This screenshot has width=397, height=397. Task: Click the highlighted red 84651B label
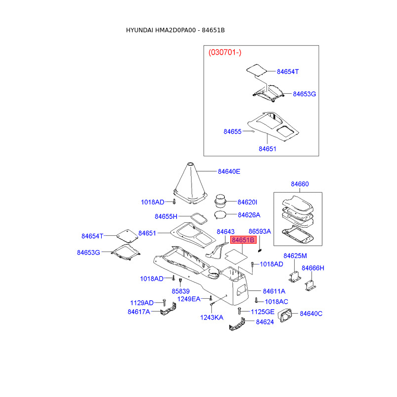(243, 240)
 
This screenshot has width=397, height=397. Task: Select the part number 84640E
(229, 172)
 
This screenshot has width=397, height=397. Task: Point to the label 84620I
(247, 202)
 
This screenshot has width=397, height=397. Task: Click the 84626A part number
(249, 215)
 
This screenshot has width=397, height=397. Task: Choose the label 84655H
(166, 216)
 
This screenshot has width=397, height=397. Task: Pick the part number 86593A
(260, 231)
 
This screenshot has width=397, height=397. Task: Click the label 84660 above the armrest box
(299, 184)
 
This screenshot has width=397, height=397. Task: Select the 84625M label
(295, 256)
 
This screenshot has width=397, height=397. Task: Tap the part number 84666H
(313, 268)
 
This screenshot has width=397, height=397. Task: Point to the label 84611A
(274, 291)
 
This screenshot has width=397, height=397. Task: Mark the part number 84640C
(311, 313)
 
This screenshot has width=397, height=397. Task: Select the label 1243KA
(212, 317)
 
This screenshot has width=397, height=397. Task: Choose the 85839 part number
(181, 291)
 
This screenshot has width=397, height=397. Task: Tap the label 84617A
(138, 312)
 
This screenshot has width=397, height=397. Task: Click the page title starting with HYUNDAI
(175, 30)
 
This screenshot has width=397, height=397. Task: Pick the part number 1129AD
(142, 302)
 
